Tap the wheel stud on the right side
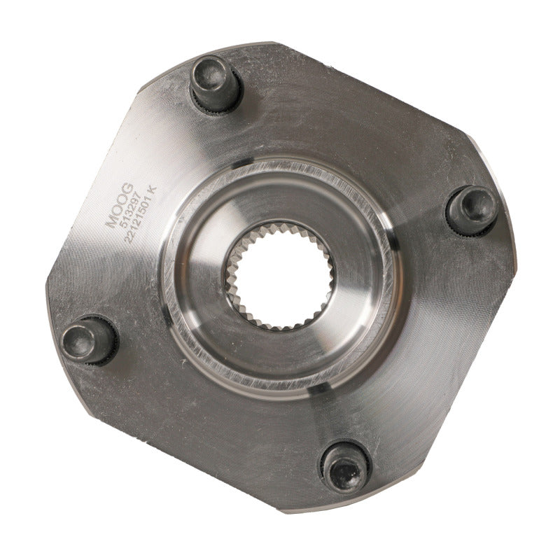pos(470,208)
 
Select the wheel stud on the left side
pos(87,339)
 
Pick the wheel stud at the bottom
pos(345,464)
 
